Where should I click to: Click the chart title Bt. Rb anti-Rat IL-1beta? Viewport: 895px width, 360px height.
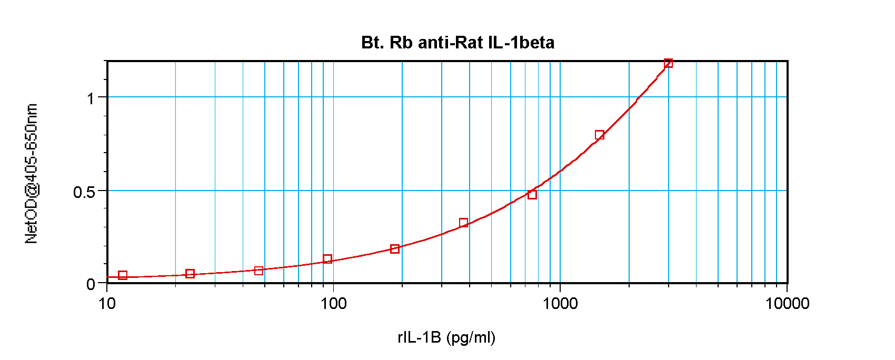click(x=458, y=42)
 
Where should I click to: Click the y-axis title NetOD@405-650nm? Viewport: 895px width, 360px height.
click(x=32, y=174)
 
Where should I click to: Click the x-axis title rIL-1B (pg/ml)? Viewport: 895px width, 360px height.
click(x=446, y=337)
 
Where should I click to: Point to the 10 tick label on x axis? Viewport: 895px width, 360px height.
click(x=107, y=304)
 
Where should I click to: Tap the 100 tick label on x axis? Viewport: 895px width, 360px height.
click(x=333, y=304)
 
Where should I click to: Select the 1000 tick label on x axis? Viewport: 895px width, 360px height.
click(x=560, y=304)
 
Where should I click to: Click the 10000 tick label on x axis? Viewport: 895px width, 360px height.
click(x=787, y=304)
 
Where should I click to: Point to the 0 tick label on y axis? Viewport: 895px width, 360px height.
click(x=91, y=285)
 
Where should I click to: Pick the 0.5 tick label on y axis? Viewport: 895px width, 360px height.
click(x=84, y=192)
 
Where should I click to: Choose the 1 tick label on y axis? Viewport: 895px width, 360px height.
click(x=91, y=98)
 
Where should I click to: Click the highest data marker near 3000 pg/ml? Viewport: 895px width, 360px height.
click(x=668, y=64)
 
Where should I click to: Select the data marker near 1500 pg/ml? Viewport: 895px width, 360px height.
click(x=599, y=135)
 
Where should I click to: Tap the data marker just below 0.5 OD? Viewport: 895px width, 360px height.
click(x=532, y=195)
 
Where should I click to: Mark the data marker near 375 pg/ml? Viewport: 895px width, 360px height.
click(x=463, y=223)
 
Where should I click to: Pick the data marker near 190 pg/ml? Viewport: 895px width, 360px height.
click(x=395, y=249)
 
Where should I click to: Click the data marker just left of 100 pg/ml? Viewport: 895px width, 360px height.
click(x=327, y=259)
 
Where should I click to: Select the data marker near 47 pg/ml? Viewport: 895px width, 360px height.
click(x=258, y=271)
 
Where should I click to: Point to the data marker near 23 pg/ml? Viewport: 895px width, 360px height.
click(x=190, y=274)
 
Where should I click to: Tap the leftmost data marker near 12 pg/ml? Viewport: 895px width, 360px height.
click(x=123, y=275)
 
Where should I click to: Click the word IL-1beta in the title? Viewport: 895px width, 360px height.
click(x=521, y=42)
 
